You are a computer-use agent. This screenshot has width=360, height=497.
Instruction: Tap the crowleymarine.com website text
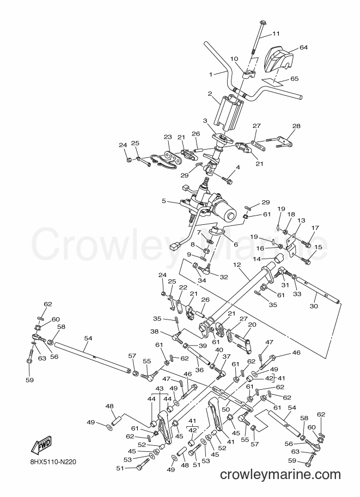pos(280,475)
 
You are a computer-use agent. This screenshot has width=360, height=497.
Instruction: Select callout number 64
pos(304,47)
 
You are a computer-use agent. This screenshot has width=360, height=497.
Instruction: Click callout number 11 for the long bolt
pos(276,33)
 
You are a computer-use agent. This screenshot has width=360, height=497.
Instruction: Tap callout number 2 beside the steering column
pos(210,94)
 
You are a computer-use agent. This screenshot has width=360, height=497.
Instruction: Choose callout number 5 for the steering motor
pos(164,201)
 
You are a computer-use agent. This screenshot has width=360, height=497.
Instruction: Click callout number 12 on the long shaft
pos(237,265)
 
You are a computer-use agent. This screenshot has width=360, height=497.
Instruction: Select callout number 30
pos(315,306)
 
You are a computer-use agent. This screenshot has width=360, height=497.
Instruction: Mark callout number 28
pos(296,126)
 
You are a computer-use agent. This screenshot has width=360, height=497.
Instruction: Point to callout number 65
pos(294,78)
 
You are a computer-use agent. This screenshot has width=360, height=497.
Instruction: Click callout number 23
pos(168,137)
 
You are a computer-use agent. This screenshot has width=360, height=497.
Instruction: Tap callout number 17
pos(315,228)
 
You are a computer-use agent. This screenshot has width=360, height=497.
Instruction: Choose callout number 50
pos(225,409)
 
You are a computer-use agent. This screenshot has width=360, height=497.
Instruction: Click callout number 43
pos(159,388)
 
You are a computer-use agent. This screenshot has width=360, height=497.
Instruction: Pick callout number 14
pos(257,259)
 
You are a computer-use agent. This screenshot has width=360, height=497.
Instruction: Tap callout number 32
pos(224,277)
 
